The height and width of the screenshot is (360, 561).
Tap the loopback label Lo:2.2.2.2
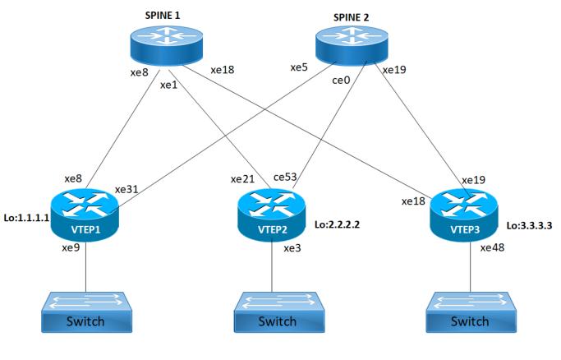[x=338, y=223]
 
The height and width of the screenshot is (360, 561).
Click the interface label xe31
[x=127, y=188]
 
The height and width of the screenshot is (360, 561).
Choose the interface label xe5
[x=299, y=67]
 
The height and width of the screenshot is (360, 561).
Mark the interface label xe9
[x=71, y=247]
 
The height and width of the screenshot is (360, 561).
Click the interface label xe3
[x=292, y=248]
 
